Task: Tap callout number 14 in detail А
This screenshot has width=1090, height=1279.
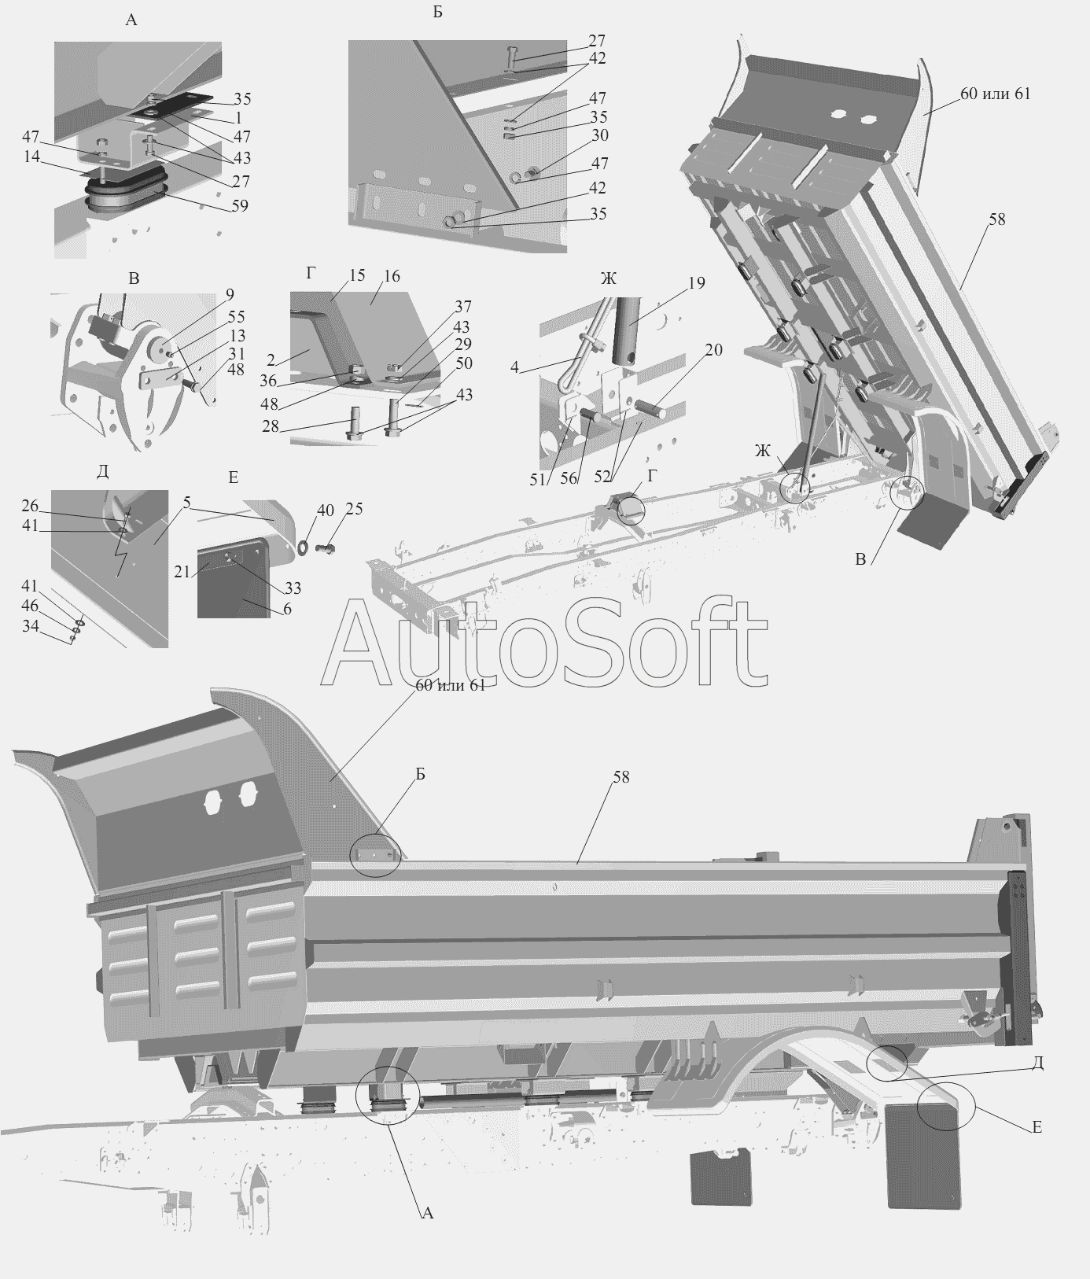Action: point(32,157)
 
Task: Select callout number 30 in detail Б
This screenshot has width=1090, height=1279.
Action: point(600,135)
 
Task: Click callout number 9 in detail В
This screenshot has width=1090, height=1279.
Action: point(230,295)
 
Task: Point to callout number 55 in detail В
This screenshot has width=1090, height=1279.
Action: point(236,317)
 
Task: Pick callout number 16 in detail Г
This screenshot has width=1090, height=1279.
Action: point(392,276)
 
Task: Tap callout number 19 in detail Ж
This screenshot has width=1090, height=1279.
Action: point(696,283)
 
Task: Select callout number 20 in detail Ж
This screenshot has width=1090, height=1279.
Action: point(713,350)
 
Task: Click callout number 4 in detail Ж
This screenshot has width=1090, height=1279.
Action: point(514,367)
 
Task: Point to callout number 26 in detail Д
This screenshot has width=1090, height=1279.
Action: point(30,505)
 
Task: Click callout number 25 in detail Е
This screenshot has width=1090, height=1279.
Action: point(354,509)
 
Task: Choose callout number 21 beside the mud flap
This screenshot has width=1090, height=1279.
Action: point(182,572)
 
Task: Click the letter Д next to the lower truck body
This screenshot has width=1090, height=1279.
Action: point(1037,1063)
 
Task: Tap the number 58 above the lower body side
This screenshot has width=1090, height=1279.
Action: point(621,777)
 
